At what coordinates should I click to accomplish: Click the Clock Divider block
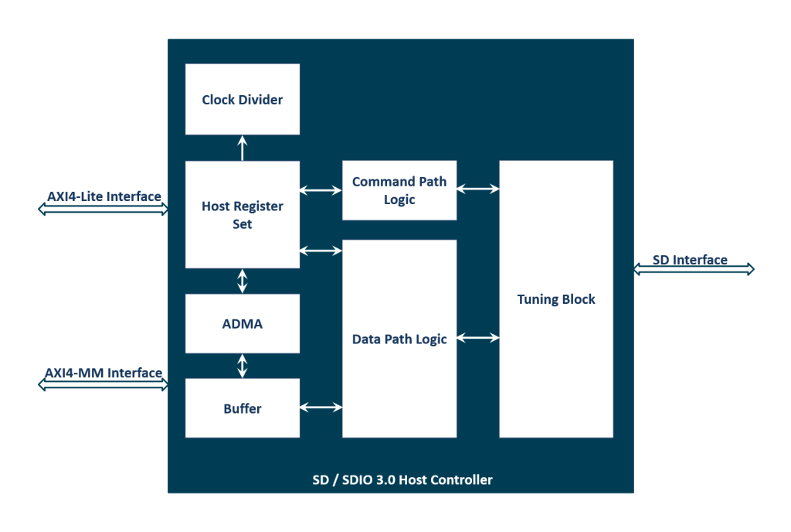point(243,100)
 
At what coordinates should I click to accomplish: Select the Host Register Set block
point(243,215)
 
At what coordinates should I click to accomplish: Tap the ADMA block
point(243,324)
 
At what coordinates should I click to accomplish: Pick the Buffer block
point(243,408)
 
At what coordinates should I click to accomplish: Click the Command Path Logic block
point(399,191)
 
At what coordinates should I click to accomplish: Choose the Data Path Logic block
point(399,339)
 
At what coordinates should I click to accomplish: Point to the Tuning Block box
point(556,299)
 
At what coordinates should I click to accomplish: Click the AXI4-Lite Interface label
point(104,196)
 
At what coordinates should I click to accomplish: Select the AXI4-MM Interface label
point(104,373)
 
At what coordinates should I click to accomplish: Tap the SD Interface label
point(690,260)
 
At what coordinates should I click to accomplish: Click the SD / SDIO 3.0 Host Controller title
point(397,480)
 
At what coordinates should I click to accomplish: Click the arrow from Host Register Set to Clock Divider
point(243,148)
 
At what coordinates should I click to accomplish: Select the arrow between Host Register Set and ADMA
point(243,281)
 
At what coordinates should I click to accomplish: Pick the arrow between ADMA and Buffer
point(243,366)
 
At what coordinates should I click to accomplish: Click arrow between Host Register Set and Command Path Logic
point(321,189)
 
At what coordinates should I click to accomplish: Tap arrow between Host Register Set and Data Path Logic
point(321,250)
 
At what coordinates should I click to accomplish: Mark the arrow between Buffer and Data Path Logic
point(321,408)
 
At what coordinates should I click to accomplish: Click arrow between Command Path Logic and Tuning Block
point(477,188)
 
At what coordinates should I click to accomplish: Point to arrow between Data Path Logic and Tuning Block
point(477,337)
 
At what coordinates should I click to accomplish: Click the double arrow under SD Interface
point(693,269)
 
